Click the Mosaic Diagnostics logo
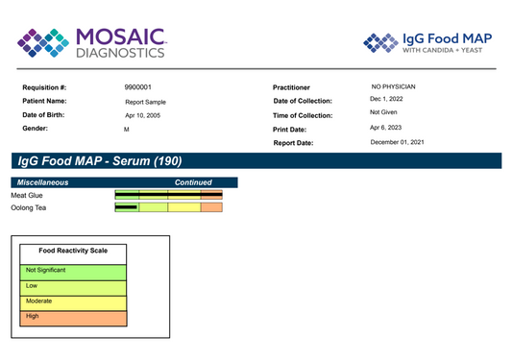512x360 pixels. pos(92,43)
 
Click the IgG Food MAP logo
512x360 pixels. pos(427,42)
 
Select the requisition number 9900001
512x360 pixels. pos(137,87)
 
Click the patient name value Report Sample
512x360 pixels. pos(145,102)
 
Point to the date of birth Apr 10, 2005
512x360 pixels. pos(143,115)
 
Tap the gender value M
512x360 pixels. pos(127,130)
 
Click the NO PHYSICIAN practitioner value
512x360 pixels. pos(393,86)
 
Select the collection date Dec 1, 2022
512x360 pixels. pos(386,99)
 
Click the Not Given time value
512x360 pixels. pos(383,112)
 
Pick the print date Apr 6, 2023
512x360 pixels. pos(385,128)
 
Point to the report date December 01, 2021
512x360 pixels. pos(397,142)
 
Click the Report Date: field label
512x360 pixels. pos(293,143)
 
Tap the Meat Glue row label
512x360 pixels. pos(27,195)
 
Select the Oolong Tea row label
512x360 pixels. pos(29,208)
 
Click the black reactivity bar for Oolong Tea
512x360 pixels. pos(126,207)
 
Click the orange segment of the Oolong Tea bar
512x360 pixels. pos(211,207)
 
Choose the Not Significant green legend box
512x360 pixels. pos(73,273)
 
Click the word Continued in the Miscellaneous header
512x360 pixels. pos(193,182)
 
